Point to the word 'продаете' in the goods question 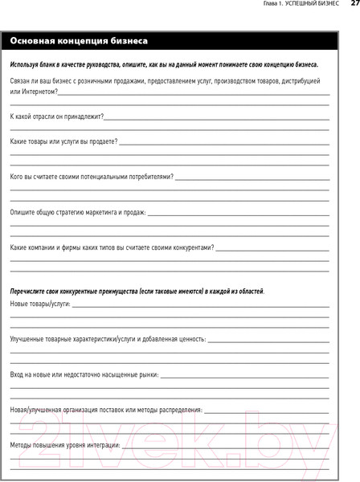[100, 141]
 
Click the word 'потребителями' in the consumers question [144, 177]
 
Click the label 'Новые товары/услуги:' [40, 304]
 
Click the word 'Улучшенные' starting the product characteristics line [29, 340]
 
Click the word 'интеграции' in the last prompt [101, 445]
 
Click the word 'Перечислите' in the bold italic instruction [30, 290]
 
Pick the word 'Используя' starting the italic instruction [26, 64]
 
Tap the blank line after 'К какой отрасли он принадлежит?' [216, 120]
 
